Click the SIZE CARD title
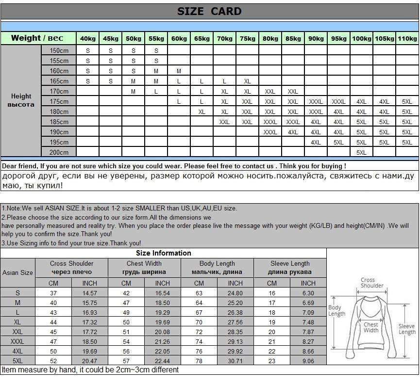(209, 12)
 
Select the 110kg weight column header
(407, 38)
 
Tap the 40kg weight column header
(88, 38)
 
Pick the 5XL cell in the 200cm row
(361, 152)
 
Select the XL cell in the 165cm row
(247, 81)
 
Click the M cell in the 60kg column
(179, 71)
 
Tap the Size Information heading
(163, 253)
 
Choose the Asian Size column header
(18, 273)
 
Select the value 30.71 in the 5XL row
(235, 361)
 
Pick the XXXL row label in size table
(18, 341)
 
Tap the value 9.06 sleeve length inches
(308, 361)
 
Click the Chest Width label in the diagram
(370, 328)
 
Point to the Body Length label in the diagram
(336, 310)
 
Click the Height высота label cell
(21, 100)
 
